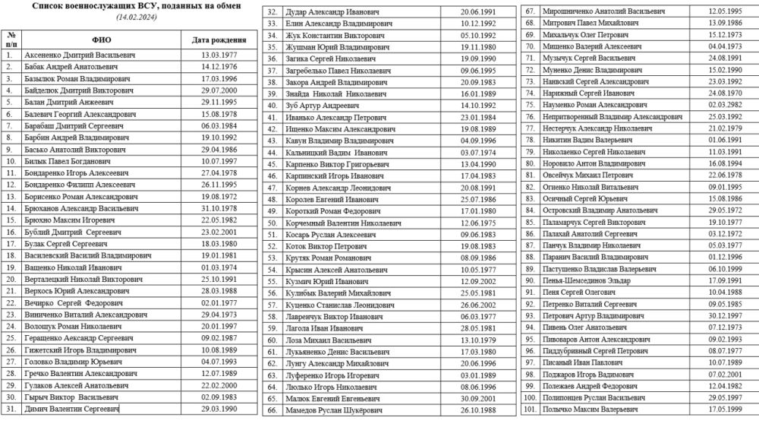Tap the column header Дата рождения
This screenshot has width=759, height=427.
pyautogui.click(x=218, y=40)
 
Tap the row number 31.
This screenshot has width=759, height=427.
pyautogui.click(x=11, y=409)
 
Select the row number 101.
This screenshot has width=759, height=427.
pyautogui.click(x=530, y=409)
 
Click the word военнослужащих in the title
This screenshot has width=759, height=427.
pyautogui.click(x=106, y=5)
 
